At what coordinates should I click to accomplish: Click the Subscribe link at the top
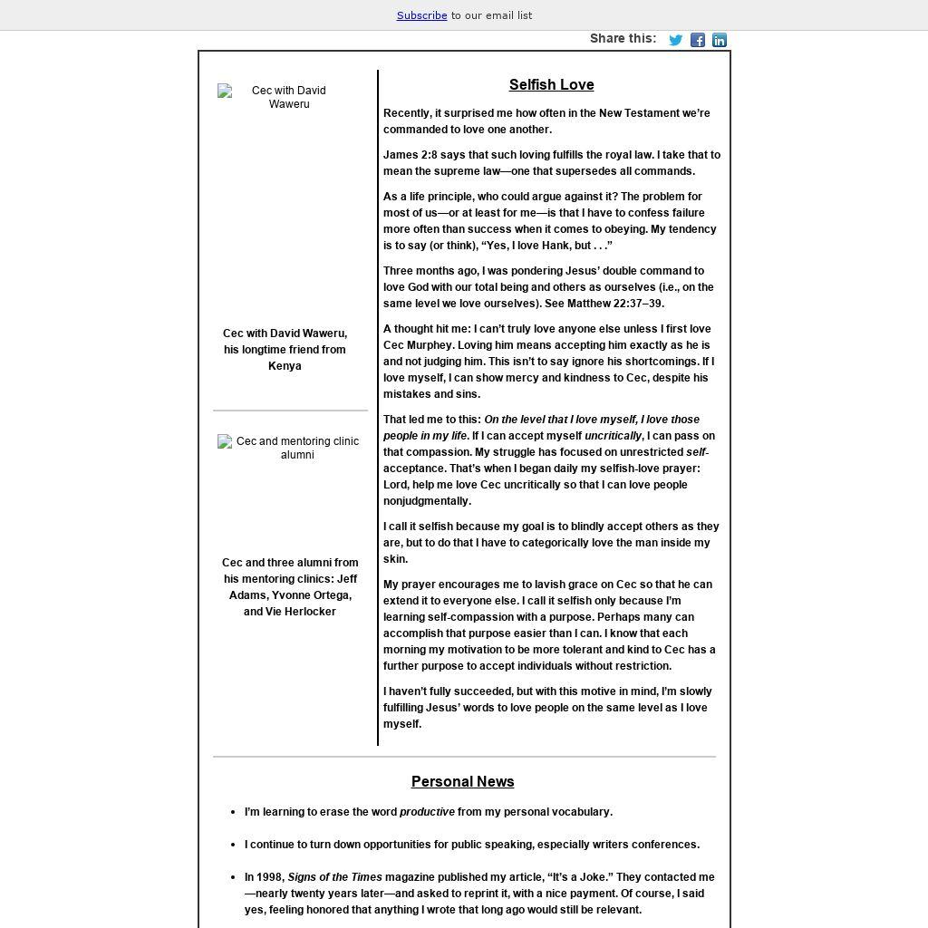(421, 15)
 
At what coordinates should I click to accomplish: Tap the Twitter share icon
(675, 40)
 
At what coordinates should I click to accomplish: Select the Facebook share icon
(698, 40)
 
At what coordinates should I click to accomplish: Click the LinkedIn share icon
(720, 40)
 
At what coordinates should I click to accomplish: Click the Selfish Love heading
(551, 85)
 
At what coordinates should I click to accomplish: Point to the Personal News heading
(462, 782)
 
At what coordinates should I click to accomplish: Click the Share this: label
(623, 38)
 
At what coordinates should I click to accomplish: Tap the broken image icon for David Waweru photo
(225, 91)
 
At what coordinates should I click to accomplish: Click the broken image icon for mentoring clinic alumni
(225, 441)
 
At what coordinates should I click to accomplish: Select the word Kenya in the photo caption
(285, 366)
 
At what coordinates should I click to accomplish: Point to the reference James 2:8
(410, 155)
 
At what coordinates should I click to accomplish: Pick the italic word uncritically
(613, 436)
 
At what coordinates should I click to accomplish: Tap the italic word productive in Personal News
(427, 812)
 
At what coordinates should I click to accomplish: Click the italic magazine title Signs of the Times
(334, 877)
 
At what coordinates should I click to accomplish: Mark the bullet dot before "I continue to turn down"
(233, 845)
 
